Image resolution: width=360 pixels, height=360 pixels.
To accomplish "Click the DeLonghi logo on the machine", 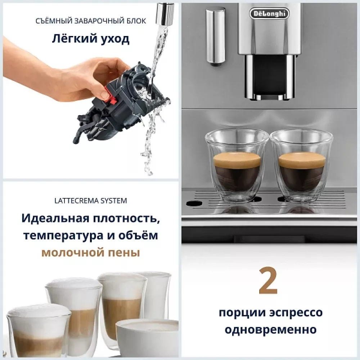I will pos(269,14).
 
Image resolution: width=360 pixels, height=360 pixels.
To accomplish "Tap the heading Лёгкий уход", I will pos(91,39).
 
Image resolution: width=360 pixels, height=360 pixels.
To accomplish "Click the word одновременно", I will pos(271,329).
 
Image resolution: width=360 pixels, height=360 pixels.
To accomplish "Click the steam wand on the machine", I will pos(215,36).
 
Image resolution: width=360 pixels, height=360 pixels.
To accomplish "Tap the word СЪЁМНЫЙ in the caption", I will pos(53,21).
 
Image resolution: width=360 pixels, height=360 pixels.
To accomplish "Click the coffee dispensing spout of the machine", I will pos(270,77).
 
